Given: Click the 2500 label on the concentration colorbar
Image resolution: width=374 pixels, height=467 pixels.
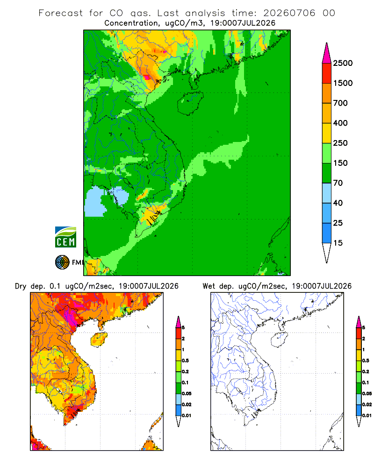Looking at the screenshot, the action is coord(343,63).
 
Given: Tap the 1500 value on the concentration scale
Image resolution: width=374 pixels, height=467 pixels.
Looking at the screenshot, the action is coord(343,83).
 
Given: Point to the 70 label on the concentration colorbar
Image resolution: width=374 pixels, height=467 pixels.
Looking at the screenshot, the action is coord(338,183).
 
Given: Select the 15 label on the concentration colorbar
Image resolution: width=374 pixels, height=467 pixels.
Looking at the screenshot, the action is coord(338,243).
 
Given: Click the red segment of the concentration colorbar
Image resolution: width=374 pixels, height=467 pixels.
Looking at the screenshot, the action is coord(327,73).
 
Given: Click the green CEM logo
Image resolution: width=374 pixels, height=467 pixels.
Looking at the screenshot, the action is coord(65,237).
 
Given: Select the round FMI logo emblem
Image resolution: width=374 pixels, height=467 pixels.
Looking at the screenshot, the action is coord(62,262).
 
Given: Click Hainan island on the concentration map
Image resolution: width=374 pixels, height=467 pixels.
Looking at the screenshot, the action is coord(190,103).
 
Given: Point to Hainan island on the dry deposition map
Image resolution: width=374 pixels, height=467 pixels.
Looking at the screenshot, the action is coord(99,340).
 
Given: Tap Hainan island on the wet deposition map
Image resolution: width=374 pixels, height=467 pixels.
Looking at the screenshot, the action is coord(280,340).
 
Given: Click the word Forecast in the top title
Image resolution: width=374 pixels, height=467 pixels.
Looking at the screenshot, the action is coord(61,13).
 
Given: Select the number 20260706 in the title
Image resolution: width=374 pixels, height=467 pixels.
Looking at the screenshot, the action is coord(289,13).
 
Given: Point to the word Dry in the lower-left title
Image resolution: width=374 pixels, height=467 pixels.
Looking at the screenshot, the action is coord(21,286).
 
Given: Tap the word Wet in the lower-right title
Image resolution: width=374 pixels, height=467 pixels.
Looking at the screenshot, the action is coord(209,286).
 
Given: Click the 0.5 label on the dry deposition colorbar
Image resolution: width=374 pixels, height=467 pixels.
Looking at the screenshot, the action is coord(185,361).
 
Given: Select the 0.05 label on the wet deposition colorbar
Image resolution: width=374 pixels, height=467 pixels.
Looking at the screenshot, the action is coord(367,393).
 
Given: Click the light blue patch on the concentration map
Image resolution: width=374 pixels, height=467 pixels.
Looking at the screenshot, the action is coord(96,201).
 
